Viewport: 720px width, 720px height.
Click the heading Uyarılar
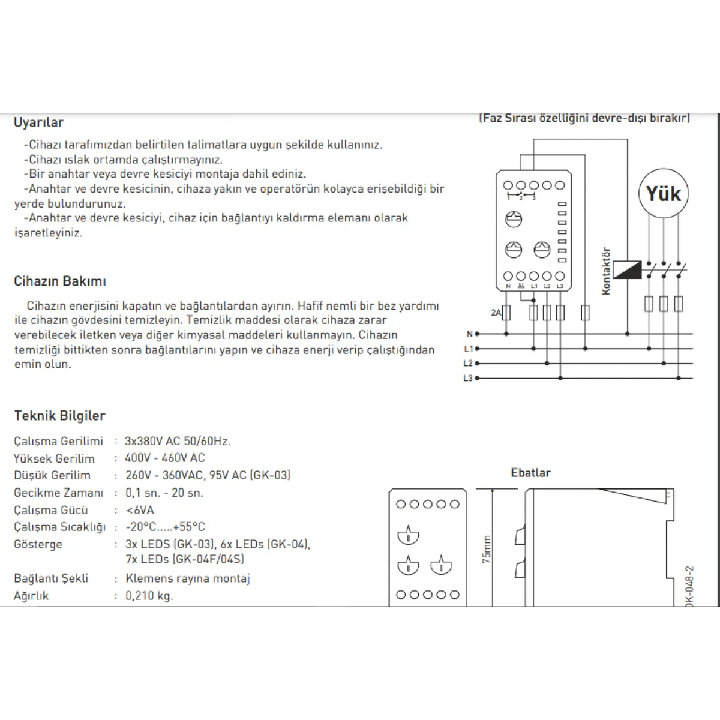(38, 122)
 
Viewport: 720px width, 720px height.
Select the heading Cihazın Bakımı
(60, 281)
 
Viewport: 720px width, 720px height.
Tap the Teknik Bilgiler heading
(59, 416)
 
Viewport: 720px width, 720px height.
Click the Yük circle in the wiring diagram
(663, 194)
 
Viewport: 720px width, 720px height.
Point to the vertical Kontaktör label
(606, 271)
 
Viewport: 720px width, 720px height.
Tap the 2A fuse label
(496, 313)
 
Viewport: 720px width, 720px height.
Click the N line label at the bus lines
(469, 334)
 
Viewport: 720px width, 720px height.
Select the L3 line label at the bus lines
(468, 379)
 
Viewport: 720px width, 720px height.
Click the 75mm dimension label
(486, 549)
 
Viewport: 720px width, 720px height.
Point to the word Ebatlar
(530, 473)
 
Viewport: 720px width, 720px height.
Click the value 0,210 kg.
(149, 596)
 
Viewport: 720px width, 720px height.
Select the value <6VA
(140, 511)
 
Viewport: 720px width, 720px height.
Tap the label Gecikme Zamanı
(59, 493)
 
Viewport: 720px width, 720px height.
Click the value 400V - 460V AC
(165, 458)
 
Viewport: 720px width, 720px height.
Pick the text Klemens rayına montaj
(188, 579)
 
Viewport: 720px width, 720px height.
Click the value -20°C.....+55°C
(165, 527)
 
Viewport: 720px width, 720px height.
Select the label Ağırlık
(31, 596)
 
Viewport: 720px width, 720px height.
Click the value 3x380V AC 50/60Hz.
(178, 442)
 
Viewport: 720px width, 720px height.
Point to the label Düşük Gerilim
(52, 476)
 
